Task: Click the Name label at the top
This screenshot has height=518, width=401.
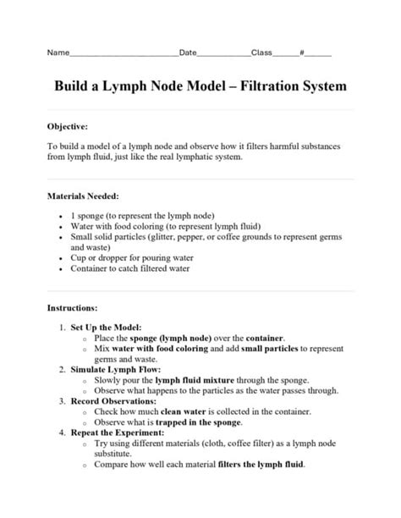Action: (57, 52)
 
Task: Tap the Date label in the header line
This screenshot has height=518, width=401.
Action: (187, 52)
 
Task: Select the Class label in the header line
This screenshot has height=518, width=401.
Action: (261, 52)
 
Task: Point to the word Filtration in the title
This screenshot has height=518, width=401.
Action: (281, 86)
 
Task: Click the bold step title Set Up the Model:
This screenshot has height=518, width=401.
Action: (106, 327)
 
